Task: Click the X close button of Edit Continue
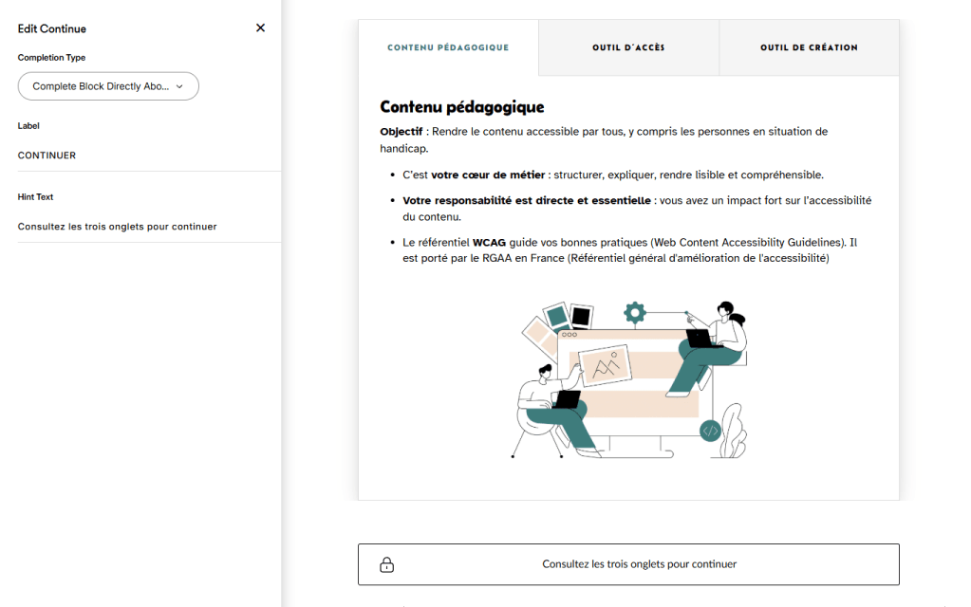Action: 261,28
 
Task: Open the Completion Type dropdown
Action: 108,86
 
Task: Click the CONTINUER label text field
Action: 142,156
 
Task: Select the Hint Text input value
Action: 118,227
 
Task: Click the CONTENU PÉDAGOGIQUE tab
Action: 448,47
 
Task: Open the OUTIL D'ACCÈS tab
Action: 628,47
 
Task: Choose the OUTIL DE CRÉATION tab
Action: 809,47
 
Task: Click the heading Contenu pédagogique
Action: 461,107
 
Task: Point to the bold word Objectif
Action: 401,132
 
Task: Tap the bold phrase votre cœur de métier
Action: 488,175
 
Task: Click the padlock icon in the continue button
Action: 387,564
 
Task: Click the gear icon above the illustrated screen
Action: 635,312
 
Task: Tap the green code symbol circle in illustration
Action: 709,432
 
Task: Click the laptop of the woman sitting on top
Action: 703,338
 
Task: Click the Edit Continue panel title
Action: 52,28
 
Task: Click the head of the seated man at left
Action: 545,371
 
